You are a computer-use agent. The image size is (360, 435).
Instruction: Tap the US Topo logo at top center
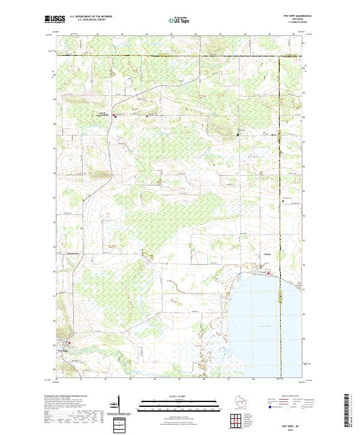[179, 20]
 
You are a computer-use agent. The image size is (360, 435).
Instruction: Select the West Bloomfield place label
[101, 115]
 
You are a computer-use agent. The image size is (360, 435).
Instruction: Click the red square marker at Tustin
[268, 274]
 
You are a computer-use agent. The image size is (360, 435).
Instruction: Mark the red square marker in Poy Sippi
[68, 343]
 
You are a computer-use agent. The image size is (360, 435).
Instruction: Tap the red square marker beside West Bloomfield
[115, 116]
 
